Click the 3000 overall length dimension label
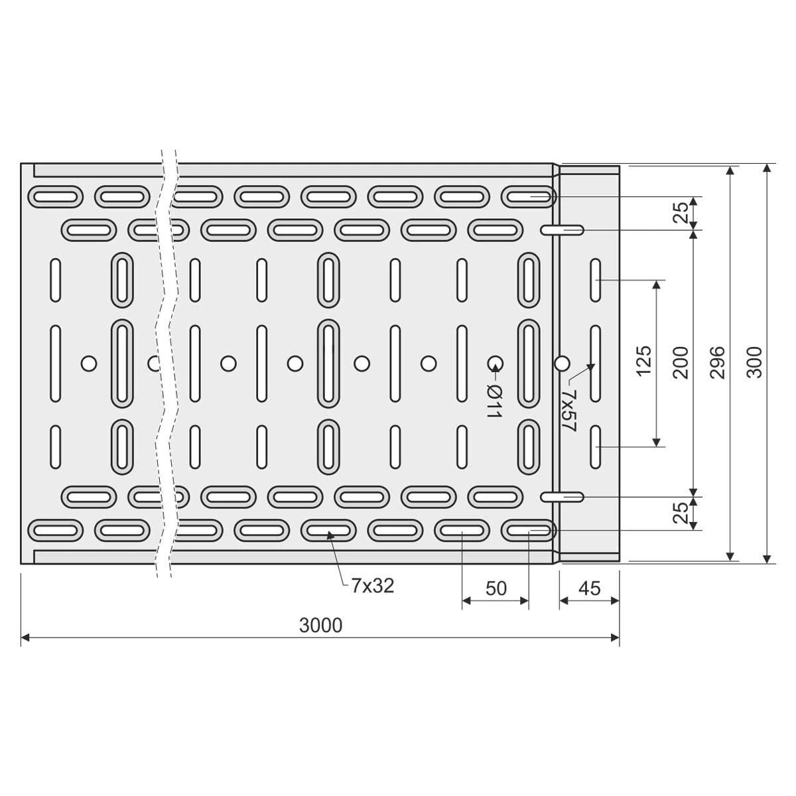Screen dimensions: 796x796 pyautogui.click(x=320, y=626)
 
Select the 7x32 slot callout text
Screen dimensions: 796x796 pyautogui.click(x=373, y=586)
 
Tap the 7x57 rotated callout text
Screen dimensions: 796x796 pyautogui.click(x=568, y=411)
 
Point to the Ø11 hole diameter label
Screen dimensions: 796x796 pyautogui.click(x=494, y=401)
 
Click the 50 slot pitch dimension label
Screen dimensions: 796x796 pyautogui.click(x=496, y=588)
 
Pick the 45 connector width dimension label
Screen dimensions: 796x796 pyautogui.click(x=589, y=588)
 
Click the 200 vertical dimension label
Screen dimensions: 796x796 pyautogui.click(x=681, y=362)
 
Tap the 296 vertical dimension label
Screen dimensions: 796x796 pyautogui.click(x=718, y=362)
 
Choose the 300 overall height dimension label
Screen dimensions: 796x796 pyautogui.click(x=755, y=362)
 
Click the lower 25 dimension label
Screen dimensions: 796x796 pyautogui.click(x=681, y=513)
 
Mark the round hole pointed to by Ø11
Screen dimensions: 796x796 pyautogui.click(x=495, y=363)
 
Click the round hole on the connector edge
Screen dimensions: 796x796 pyautogui.click(x=562, y=363)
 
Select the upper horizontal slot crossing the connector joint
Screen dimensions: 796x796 pyautogui.click(x=563, y=230)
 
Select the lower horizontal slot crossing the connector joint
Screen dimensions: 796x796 pyautogui.click(x=563, y=496)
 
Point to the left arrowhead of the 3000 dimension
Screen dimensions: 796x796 pyautogui.click(x=25, y=638)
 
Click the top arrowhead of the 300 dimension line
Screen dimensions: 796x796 pyautogui.click(x=767, y=169)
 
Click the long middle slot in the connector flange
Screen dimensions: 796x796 pyautogui.click(x=596, y=364)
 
